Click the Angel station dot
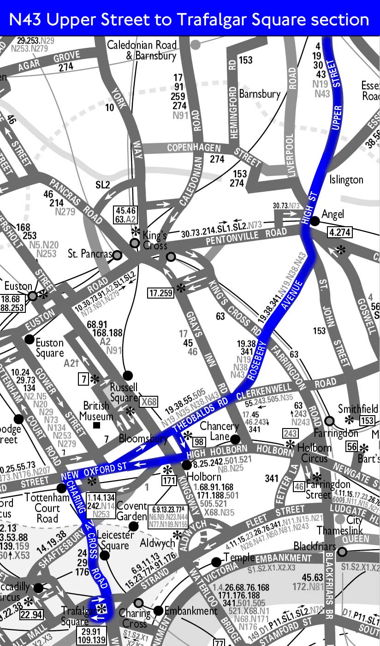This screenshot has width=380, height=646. tap(315, 221)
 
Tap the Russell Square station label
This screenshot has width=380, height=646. tap(123, 392)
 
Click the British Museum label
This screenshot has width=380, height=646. tap(96, 411)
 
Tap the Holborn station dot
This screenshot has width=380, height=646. tap(187, 465)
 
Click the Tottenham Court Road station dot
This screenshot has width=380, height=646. tap(61, 487)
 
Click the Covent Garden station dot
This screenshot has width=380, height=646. tap(133, 526)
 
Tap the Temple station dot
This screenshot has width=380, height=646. tap(216, 561)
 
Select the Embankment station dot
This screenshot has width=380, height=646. tap(158, 611)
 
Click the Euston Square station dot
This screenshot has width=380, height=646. tap(30, 340)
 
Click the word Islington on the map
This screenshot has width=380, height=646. tap(346, 180)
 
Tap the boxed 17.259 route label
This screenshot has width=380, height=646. tap(161, 292)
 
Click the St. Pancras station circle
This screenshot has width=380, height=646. tap(118, 255)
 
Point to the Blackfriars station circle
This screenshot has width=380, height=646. tap(342, 552)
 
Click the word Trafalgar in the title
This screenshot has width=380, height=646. tap(206, 19)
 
